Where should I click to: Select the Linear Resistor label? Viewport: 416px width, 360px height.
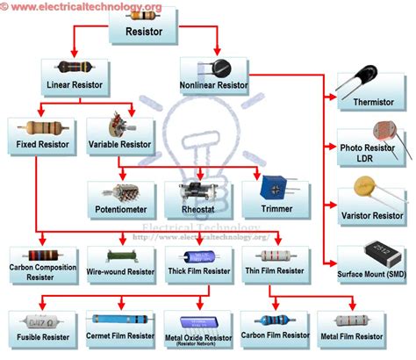click(74, 85)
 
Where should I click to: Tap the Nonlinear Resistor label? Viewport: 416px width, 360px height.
click(214, 85)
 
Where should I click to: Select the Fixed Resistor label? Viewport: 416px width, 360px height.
click(40, 142)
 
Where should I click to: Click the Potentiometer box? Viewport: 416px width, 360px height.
click(122, 199)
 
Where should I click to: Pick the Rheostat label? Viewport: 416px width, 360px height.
click(199, 211)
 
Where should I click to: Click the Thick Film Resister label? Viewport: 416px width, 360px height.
click(199, 271)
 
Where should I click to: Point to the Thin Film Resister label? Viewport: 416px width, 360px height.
click(276, 271)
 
